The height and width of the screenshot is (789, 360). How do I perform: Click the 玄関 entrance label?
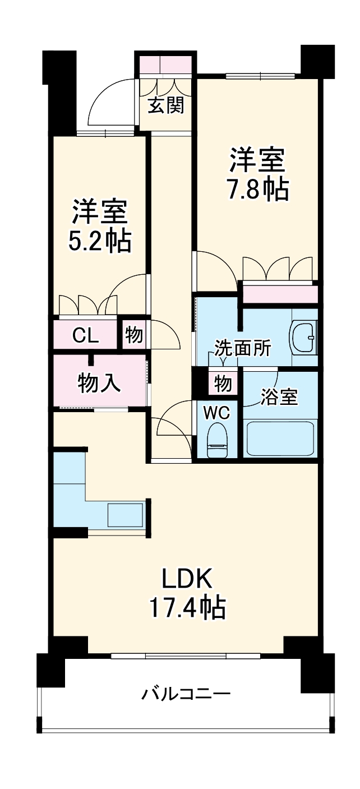[x=165, y=106]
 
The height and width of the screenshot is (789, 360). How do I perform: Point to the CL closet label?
[x=86, y=336]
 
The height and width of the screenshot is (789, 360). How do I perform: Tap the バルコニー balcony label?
[x=186, y=694]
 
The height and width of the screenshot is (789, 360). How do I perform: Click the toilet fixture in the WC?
[x=216, y=441]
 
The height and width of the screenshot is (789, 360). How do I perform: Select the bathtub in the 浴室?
[x=280, y=439]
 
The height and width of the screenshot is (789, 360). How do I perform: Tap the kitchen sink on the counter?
[x=125, y=515]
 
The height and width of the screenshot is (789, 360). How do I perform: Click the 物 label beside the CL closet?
[x=133, y=335]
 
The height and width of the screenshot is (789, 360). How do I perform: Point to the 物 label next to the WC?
[x=223, y=385]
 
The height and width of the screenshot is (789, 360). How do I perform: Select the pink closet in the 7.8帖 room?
[x=279, y=293]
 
